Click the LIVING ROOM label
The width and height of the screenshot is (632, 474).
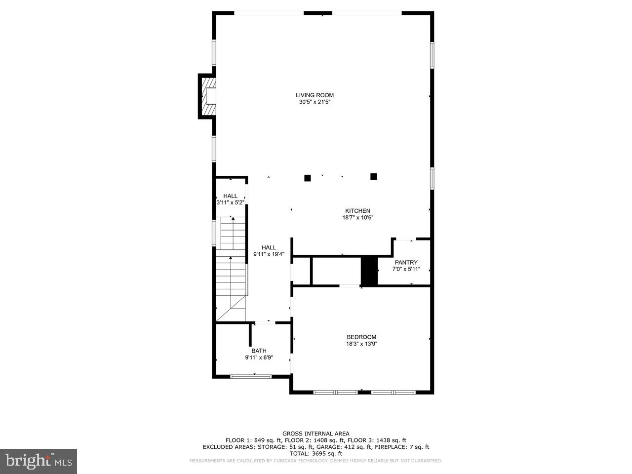(x=315, y=95)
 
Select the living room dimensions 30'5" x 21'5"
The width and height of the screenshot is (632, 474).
(x=315, y=102)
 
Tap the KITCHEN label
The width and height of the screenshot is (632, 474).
(x=357, y=211)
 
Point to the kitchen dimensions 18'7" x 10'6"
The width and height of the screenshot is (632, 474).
(x=357, y=218)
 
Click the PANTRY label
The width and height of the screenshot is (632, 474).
(x=406, y=262)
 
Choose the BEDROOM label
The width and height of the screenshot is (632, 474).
(x=361, y=337)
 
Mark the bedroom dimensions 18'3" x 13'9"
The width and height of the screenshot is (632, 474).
(x=361, y=344)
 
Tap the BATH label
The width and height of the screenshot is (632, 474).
(x=259, y=351)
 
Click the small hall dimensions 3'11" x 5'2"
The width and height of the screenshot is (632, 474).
(x=230, y=202)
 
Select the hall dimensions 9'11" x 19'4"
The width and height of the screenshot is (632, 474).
(x=269, y=254)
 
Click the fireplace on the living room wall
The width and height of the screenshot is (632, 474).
(x=208, y=96)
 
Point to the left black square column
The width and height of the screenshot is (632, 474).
(x=308, y=178)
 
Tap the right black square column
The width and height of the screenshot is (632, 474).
(x=374, y=176)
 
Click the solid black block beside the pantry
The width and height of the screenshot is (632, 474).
(x=369, y=271)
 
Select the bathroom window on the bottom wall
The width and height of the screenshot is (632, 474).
(x=251, y=377)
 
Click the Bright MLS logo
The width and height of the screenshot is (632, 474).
(x=38, y=461)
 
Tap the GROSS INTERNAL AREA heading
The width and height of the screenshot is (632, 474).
(x=316, y=434)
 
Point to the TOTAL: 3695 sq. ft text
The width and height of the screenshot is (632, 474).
(x=316, y=453)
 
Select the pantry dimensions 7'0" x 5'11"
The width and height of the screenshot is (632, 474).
(x=406, y=269)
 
